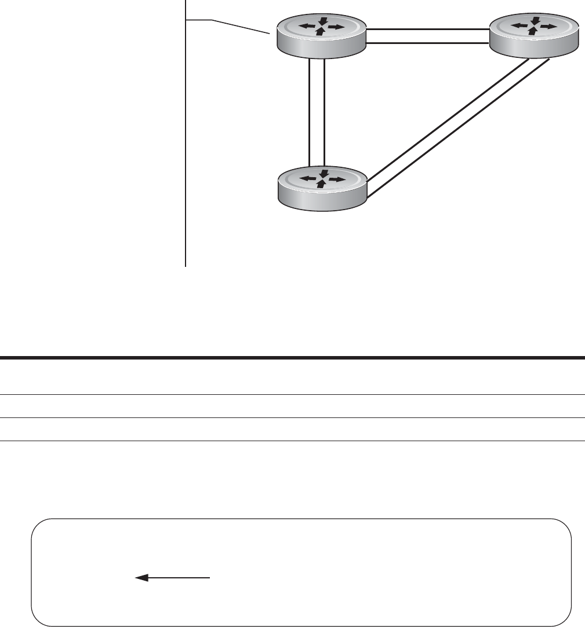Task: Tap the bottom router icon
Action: (322, 188)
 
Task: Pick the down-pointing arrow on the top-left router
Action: (323, 20)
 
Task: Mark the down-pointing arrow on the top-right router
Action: (535, 20)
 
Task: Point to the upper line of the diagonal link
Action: (446, 115)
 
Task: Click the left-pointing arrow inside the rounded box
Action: (172, 577)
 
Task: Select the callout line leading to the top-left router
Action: (238, 27)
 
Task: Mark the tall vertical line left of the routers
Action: (186, 145)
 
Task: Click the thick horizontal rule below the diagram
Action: (292, 357)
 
